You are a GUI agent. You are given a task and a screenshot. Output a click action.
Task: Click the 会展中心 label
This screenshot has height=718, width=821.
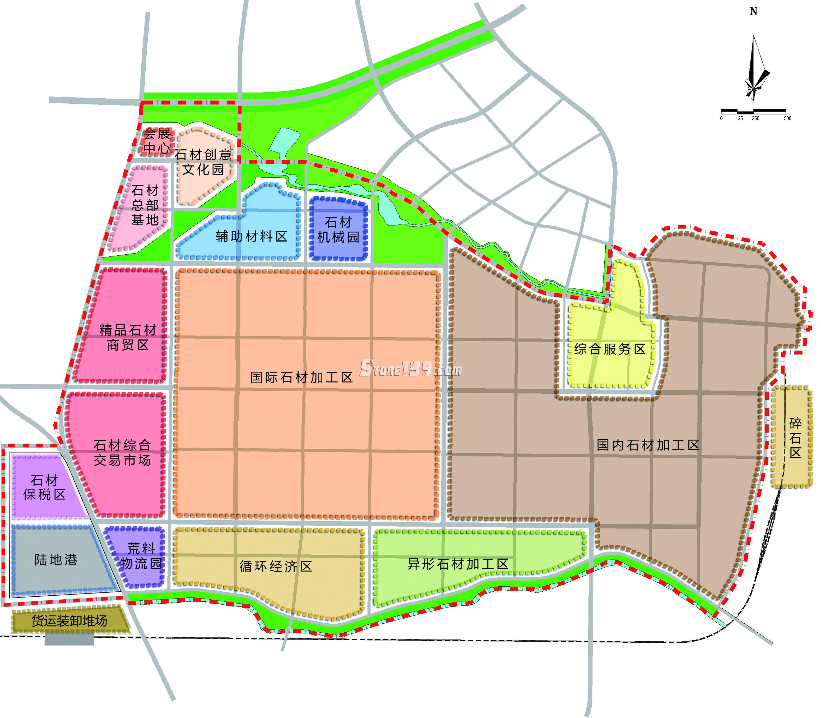157,141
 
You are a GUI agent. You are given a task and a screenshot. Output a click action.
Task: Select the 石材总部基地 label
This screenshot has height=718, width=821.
145,205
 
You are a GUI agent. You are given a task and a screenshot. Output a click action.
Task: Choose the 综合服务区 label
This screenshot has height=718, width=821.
610,349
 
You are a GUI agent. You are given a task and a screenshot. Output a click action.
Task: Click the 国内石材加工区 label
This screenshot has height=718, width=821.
648,445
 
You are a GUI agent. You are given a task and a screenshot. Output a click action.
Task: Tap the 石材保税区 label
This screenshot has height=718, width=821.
44,487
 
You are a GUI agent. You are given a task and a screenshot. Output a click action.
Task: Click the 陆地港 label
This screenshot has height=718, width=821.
56,560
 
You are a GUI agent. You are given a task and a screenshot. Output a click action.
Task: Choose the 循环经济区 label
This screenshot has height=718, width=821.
276,566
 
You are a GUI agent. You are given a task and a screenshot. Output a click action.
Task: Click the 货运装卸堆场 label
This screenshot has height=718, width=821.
70,621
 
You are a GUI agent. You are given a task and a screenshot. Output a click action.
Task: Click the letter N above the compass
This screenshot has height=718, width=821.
753,12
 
